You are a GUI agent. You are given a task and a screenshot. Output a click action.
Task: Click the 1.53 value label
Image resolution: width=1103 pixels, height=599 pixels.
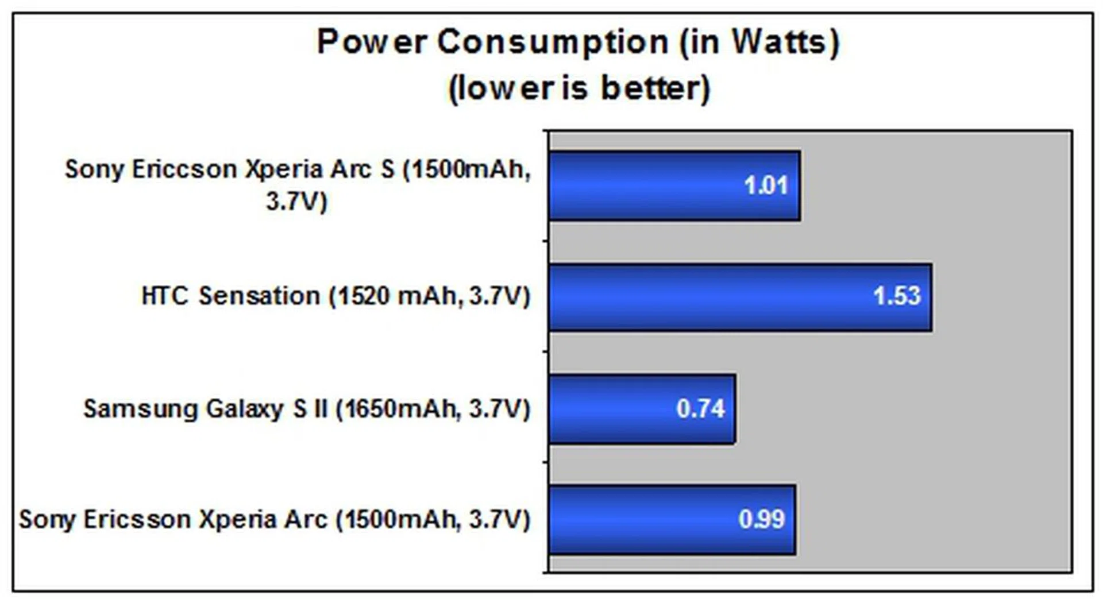897,296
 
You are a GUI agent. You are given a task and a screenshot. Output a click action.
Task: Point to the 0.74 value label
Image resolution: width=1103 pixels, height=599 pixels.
700,408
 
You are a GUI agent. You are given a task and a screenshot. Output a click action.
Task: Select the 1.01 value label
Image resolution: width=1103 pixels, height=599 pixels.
765,186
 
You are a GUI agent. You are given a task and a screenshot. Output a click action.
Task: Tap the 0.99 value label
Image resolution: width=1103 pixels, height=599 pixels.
761,519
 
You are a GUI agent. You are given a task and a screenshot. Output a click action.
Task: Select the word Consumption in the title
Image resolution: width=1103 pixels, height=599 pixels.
553,43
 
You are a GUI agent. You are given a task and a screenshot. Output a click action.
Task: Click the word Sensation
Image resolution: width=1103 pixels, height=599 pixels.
259,296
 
